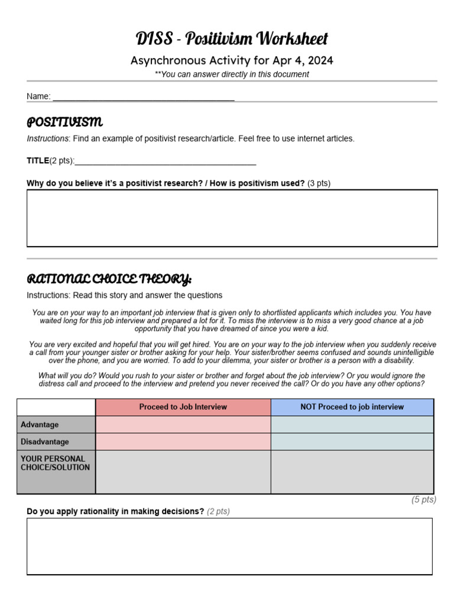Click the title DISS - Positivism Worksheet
point(232,39)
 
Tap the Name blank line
point(143,97)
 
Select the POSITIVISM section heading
point(64,123)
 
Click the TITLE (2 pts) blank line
point(166,161)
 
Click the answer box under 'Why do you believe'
point(232,218)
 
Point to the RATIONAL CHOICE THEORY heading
point(109,279)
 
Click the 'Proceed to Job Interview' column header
point(183,407)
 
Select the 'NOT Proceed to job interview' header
point(352,407)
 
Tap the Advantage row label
point(40,425)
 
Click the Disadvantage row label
point(45,442)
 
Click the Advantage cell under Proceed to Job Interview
point(183,425)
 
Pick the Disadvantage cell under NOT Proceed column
point(352,442)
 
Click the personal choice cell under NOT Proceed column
point(352,472)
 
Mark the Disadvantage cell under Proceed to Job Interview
point(183,442)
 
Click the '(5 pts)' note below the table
point(423,500)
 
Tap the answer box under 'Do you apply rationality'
point(229,546)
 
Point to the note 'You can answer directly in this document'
point(232,75)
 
